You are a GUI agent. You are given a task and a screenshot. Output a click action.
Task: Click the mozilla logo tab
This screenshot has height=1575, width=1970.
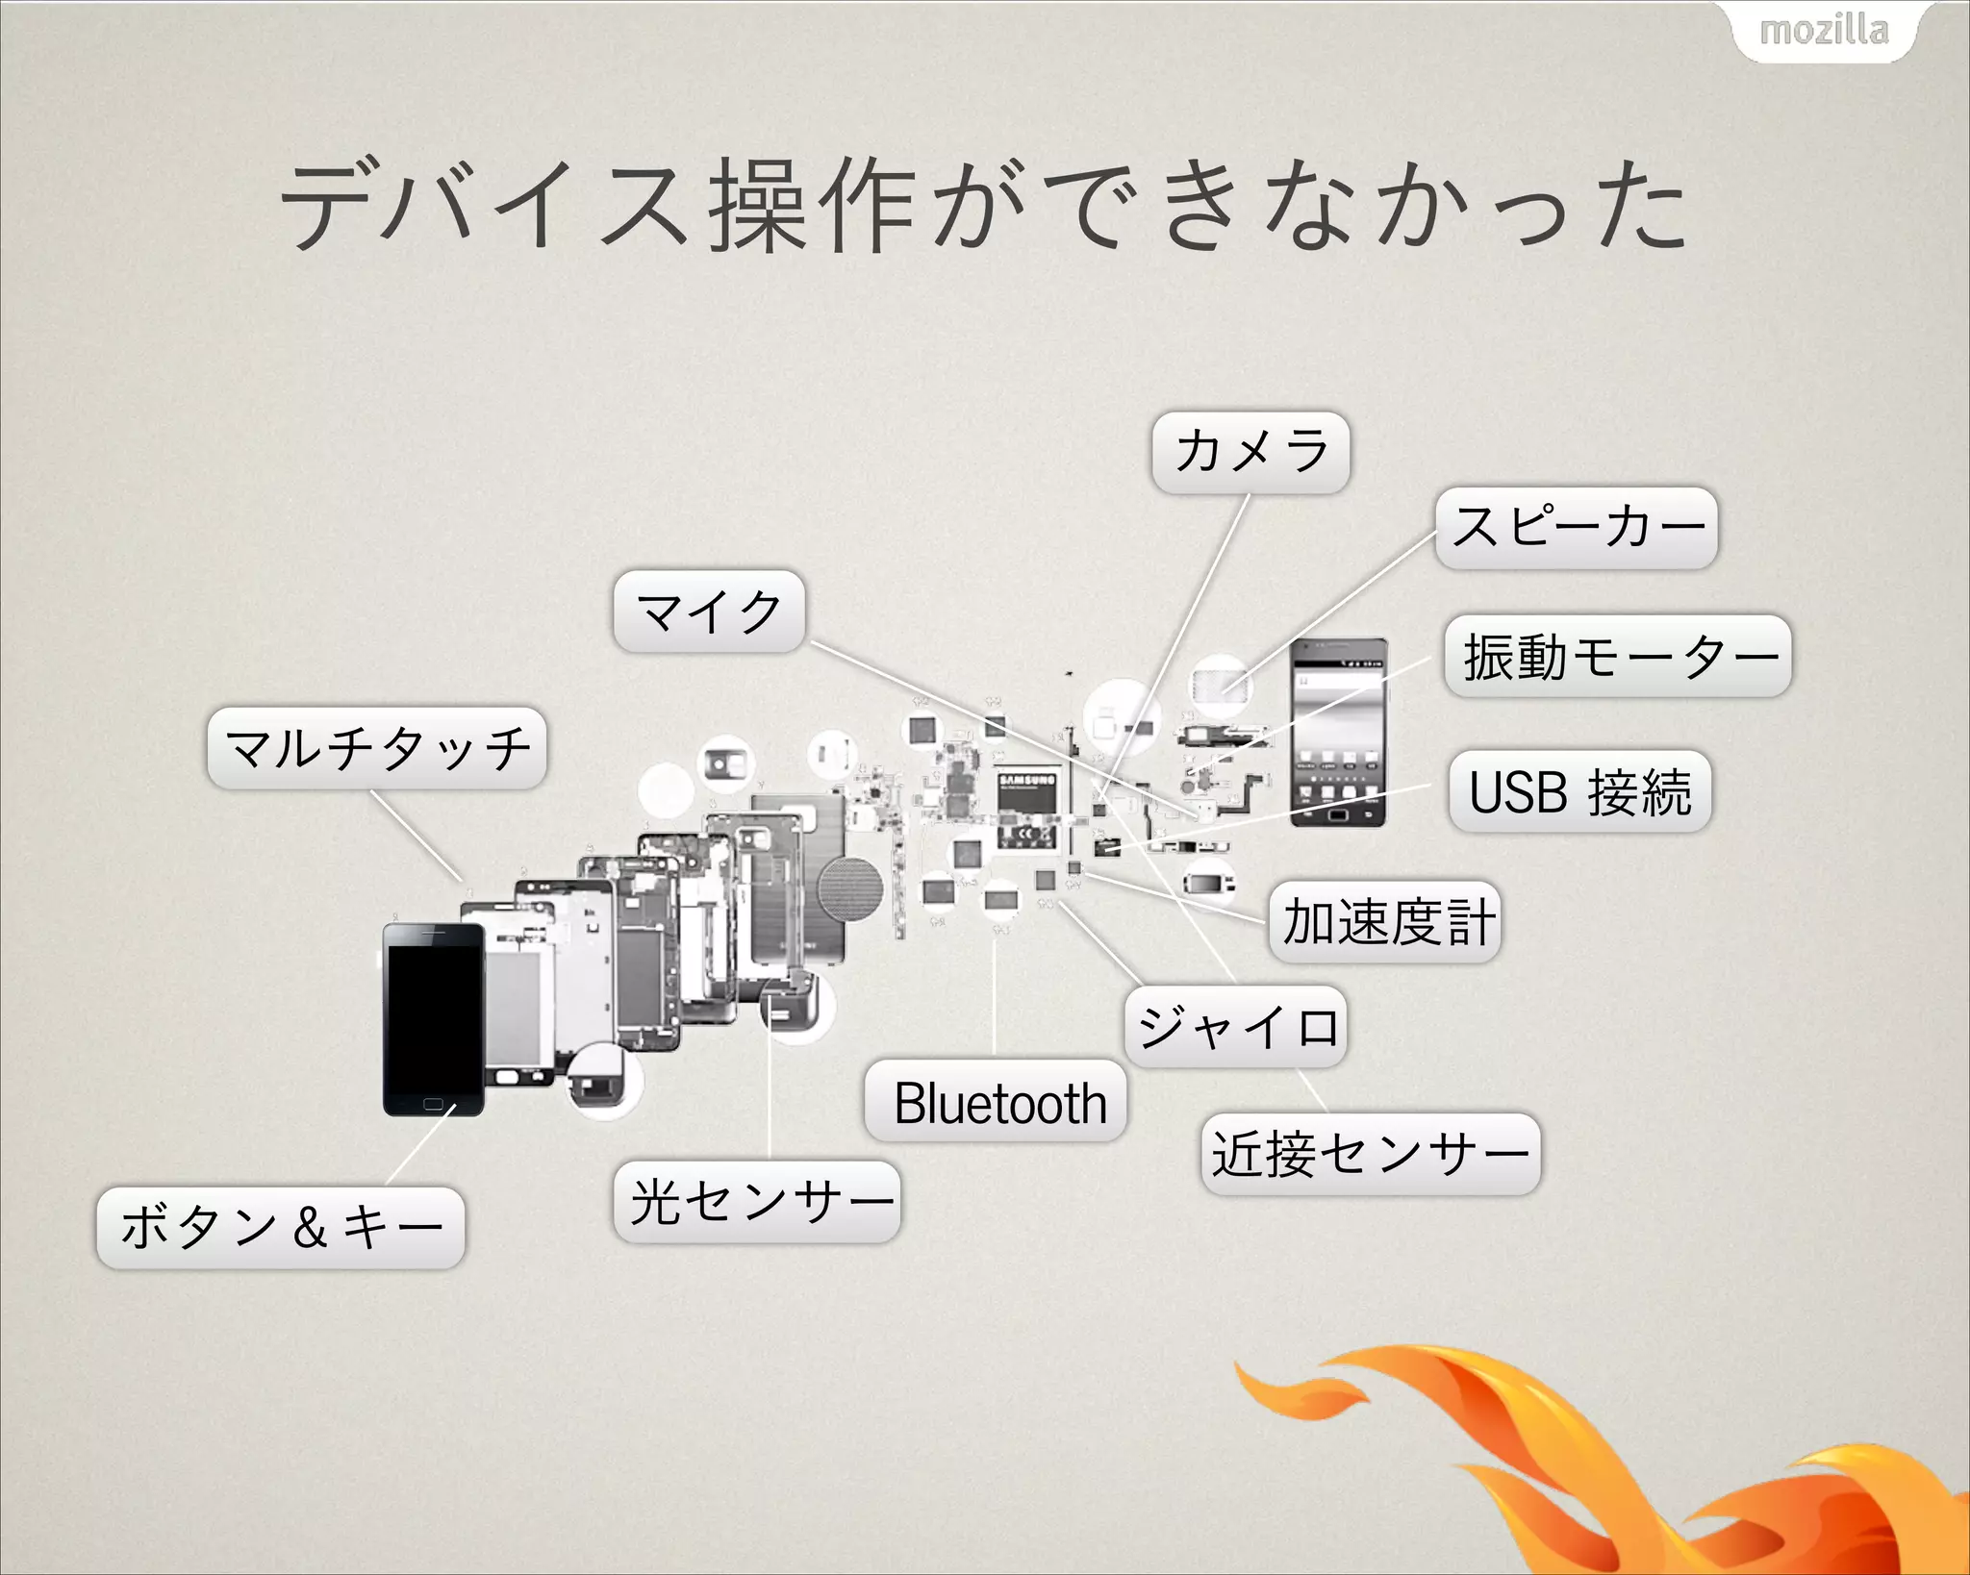pos(1823,31)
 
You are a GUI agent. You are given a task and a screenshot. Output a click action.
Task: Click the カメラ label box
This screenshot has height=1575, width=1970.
pos(1250,453)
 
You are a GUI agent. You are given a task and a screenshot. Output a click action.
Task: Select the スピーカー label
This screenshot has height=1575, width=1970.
pos(1577,528)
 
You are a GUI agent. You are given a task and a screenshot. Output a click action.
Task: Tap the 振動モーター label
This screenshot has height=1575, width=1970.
pos(1618,657)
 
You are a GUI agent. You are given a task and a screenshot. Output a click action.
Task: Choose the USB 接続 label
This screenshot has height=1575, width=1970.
pos(1579,791)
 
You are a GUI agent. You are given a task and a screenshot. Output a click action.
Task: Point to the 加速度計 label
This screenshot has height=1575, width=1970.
pos(1385,922)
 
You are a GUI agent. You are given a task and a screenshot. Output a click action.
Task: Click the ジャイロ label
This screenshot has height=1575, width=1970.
pos(1236,1027)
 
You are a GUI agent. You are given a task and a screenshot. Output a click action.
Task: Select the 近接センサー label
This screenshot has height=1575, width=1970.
pos(1371,1154)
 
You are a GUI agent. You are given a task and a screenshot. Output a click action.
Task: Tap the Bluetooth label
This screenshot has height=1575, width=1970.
pos(997,1102)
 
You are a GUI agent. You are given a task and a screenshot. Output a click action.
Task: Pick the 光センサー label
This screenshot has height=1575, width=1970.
pos(757,1202)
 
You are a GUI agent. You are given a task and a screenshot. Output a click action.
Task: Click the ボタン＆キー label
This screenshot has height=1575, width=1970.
pos(281,1228)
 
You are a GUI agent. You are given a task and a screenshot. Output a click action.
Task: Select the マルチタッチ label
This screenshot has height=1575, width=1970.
pos(377,749)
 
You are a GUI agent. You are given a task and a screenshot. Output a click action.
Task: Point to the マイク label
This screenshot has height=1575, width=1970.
pos(709,612)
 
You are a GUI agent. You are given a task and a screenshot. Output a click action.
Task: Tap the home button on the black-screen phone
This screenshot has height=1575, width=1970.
pos(434,1104)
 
